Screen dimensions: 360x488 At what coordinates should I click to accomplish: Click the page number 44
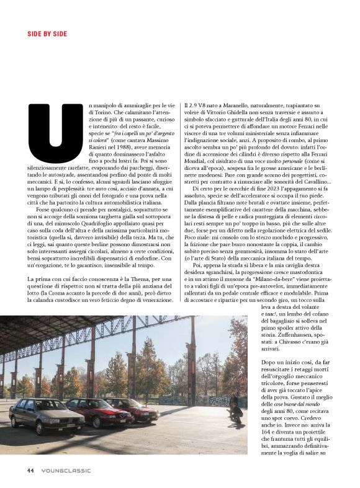(30, 470)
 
